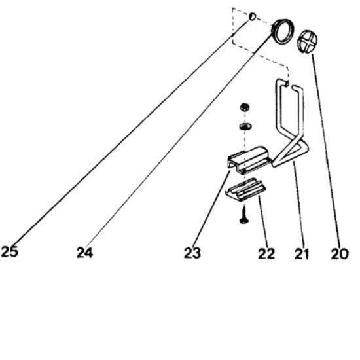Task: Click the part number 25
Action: pyautogui.click(x=9, y=251)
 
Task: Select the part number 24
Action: pyautogui.click(x=84, y=252)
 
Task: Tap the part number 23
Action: pyautogui.click(x=192, y=253)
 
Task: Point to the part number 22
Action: pyautogui.click(x=266, y=253)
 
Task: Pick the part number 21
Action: pyautogui.click(x=302, y=254)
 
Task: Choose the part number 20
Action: pyautogui.click(x=340, y=254)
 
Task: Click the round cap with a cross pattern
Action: pyautogui.click(x=308, y=41)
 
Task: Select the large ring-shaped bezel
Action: pyautogui.click(x=283, y=31)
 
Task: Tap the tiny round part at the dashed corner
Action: pyautogui.click(x=252, y=16)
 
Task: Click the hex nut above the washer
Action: pyautogui.click(x=245, y=107)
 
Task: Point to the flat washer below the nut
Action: pyautogui.click(x=245, y=126)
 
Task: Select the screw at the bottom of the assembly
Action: pyautogui.click(x=244, y=215)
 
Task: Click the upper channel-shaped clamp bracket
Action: pyautogui.click(x=249, y=160)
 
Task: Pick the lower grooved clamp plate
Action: pyautogui.click(x=245, y=190)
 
